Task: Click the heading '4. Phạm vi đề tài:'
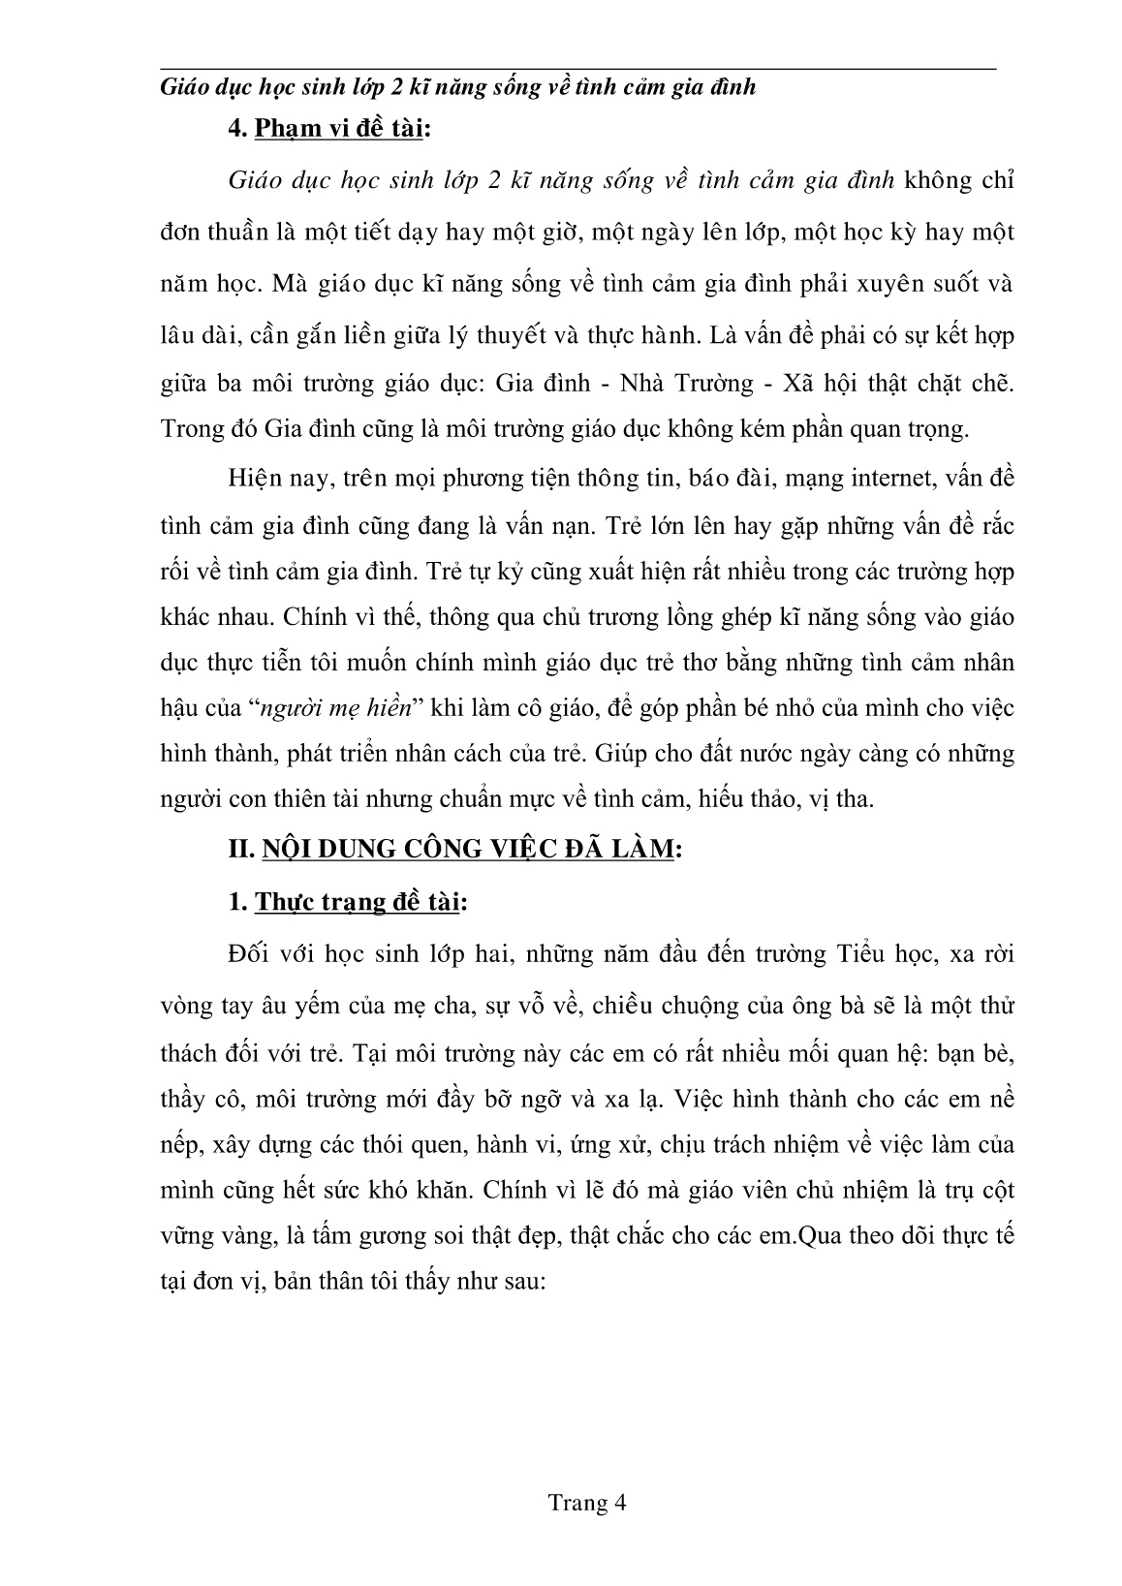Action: pyautogui.click(x=327, y=129)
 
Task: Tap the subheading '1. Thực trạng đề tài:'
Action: pyautogui.click(x=347, y=902)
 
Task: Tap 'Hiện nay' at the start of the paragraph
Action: pyautogui.click(x=264, y=478)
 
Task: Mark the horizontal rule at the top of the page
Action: pyautogui.click(x=577, y=69)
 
